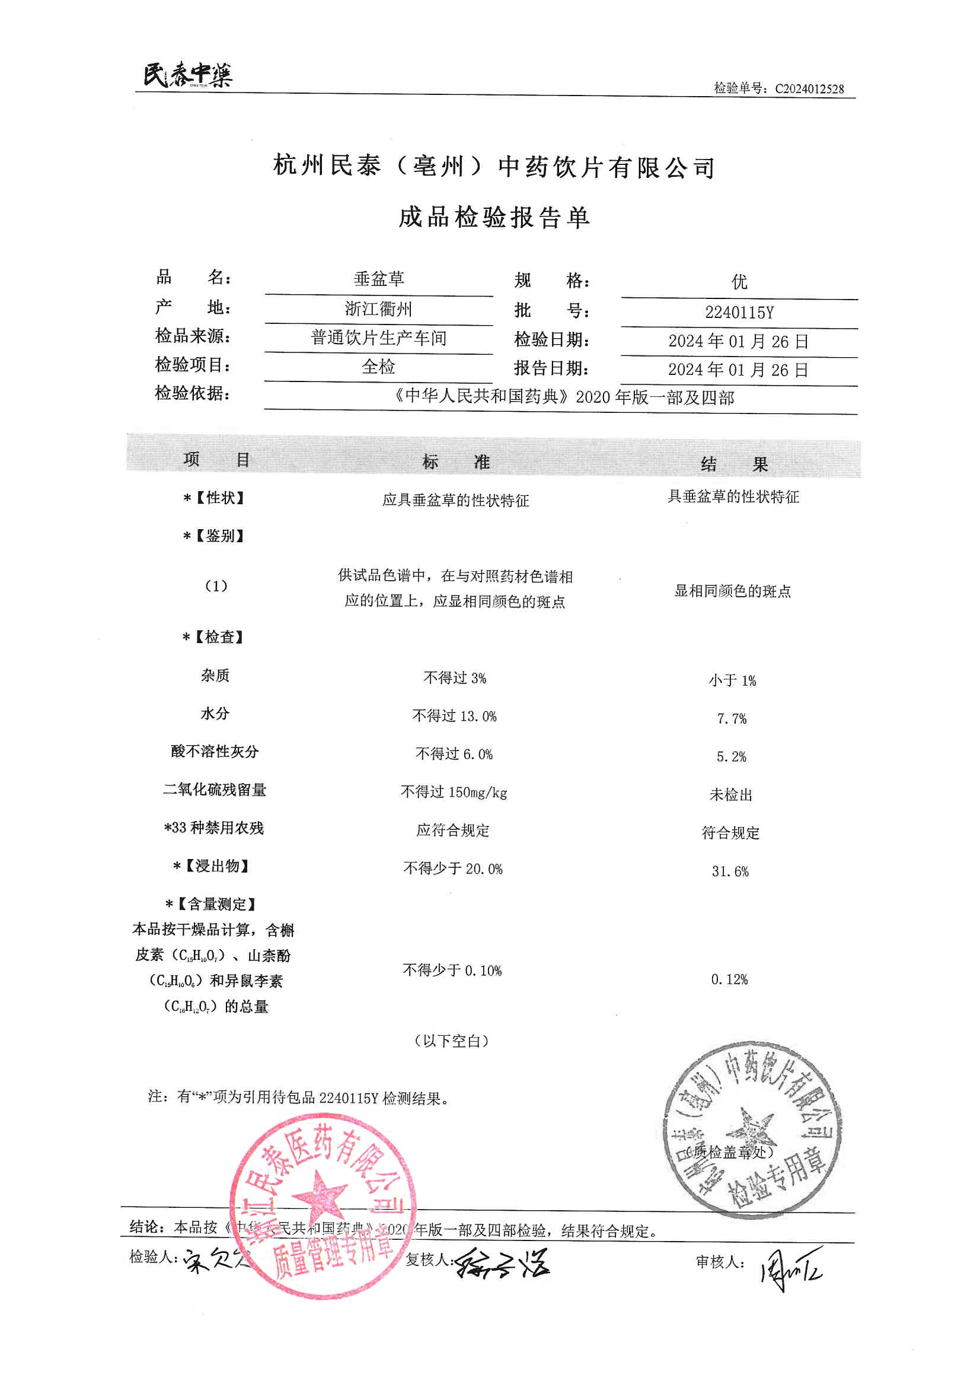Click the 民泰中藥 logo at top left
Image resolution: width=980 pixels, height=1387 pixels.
tap(187, 75)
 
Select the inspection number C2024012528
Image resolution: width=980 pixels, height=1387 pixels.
tap(809, 89)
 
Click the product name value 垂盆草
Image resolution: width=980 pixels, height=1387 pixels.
tap(379, 278)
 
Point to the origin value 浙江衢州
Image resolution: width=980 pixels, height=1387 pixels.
tap(378, 308)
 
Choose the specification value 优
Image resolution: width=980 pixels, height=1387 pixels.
tap(739, 282)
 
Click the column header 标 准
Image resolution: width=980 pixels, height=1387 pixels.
tap(456, 462)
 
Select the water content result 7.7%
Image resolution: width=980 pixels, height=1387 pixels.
tap(731, 718)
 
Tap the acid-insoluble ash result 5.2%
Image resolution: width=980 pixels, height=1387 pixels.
tap(730, 756)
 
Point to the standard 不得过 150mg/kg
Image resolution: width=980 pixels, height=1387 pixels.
tap(454, 792)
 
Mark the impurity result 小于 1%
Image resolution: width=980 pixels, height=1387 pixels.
tap(732, 680)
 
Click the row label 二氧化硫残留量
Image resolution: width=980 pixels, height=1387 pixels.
tap(215, 790)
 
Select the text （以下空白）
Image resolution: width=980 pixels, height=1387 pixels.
tap(452, 1041)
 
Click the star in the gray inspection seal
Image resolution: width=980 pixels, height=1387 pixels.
tap(752, 1127)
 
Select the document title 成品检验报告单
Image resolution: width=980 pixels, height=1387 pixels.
tap(493, 217)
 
